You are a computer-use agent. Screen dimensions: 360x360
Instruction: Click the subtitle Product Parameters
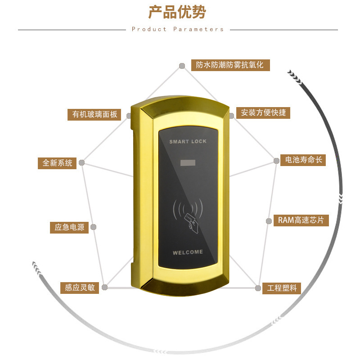178,29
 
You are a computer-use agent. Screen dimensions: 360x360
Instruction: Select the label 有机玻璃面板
94,114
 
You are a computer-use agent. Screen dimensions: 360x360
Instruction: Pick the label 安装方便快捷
263,112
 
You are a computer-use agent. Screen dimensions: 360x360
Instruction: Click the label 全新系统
57,163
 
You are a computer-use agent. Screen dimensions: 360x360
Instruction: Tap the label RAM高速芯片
301,220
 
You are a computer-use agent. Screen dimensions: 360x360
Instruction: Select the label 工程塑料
282,288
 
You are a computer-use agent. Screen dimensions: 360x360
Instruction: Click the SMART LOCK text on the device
188,141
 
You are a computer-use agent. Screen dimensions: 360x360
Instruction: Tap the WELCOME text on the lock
188,252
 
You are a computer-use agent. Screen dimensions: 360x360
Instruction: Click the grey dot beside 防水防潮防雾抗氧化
182,66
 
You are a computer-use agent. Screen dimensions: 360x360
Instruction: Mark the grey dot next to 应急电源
94,227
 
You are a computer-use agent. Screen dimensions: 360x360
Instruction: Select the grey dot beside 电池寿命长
277,161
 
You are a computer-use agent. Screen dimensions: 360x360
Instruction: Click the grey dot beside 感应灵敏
104,287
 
